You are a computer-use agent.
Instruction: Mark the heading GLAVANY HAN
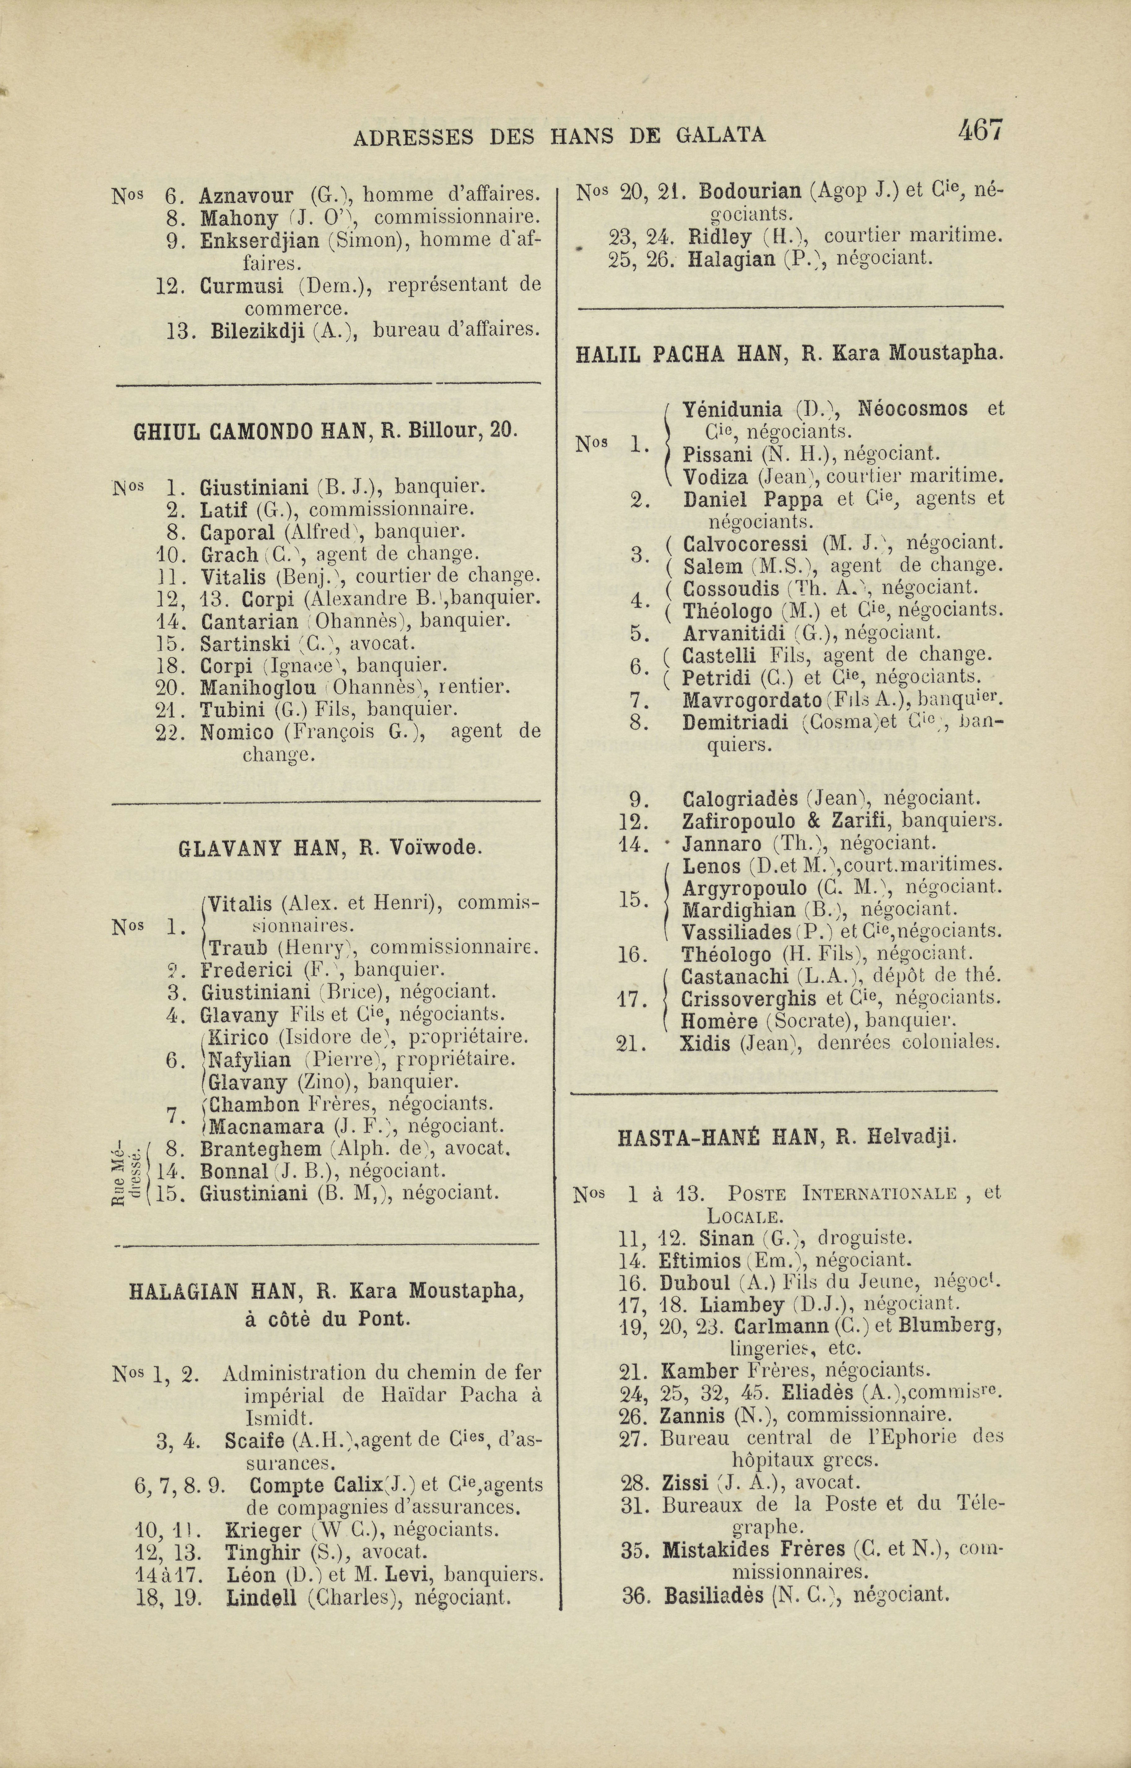coord(261,850)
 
